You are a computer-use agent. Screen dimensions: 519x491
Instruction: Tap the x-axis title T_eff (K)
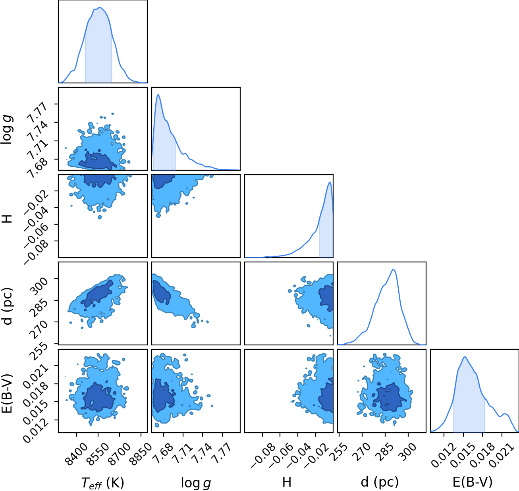[102, 483]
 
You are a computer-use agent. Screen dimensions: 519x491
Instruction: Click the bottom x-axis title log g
[196, 483]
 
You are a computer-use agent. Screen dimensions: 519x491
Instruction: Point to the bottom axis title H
[287, 482]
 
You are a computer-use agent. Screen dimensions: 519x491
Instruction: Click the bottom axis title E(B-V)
[473, 482]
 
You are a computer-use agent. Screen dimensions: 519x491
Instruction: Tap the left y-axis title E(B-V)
[7, 393]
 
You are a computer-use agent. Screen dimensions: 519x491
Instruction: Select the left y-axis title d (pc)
[8, 306]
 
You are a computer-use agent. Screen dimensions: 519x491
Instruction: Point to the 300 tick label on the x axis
[409, 452]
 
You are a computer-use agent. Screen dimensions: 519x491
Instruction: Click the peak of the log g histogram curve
[158, 94]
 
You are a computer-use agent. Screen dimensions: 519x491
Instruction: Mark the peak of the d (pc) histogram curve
[394, 270]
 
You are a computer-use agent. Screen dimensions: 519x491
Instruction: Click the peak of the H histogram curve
[330, 182]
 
